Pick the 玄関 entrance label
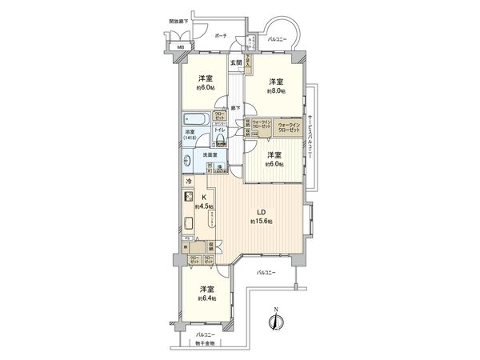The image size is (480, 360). tap(236, 62)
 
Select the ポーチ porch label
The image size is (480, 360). tap(222, 36)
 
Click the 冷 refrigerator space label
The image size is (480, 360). tap(190, 182)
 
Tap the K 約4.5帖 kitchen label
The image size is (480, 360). tap(204, 202)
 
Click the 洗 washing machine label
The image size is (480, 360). tap(219, 166)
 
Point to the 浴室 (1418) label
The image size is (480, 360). tap(190, 135)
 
